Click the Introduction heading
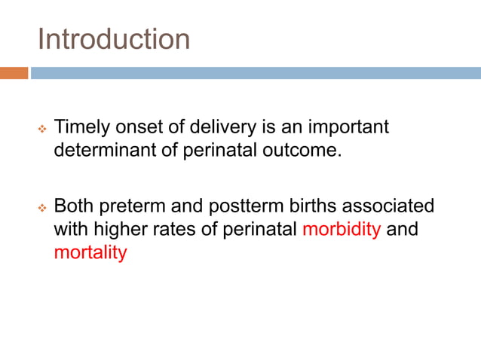[x=114, y=39]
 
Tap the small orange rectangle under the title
[x=14, y=73]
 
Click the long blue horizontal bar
[x=256, y=73]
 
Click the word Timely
[x=82, y=127]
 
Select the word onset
[x=139, y=127]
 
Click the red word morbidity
[x=342, y=229]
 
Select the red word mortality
[x=90, y=252]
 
